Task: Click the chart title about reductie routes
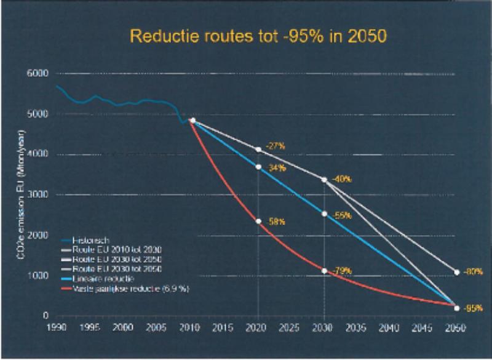(x=256, y=37)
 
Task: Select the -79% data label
(x=342, y=271)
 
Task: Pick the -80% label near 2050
(x=472, y=271)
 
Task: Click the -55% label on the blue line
(x=342, y=216)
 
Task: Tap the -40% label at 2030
(x=341, y=179)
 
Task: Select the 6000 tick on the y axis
(x=37, y=73)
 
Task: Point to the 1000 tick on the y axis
(x=38, y=276)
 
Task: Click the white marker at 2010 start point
(x=193, y=121)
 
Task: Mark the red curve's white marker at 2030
(x=325, y=270)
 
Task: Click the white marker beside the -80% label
(x=457, y=272)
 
